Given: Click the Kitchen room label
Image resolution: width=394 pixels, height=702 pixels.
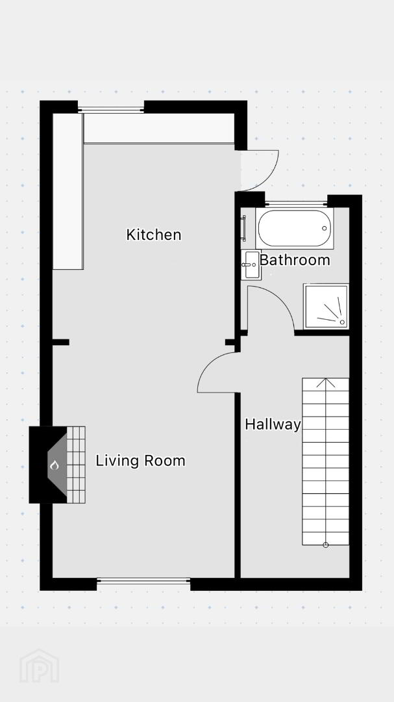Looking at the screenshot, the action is (x=153, y=235).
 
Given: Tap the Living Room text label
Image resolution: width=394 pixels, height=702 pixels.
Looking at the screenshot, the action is (x=140, y=461).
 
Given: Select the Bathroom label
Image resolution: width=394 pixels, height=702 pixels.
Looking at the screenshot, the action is (x=295, y=259).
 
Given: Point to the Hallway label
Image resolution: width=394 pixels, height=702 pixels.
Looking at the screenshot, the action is (x=273, y=424).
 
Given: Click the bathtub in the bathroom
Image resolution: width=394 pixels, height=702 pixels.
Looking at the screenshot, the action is (x=295, y=228).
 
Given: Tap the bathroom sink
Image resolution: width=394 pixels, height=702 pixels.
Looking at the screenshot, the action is (x=251, y=265).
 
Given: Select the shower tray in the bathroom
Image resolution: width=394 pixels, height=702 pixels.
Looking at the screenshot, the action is (x=326, y=305).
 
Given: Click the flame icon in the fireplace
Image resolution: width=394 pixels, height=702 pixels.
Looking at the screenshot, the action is (x=55, y=465).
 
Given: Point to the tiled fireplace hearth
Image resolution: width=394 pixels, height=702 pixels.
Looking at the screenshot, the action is (x=75, y=465).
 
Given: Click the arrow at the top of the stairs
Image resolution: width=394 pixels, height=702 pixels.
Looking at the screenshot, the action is (x=326, y=383).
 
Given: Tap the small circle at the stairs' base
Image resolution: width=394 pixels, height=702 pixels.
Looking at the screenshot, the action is (x=326, y=545).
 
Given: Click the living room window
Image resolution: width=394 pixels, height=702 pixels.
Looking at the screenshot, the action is (x=143, y=581).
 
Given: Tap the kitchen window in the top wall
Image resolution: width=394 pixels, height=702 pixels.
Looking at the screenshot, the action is (x=111, y=109).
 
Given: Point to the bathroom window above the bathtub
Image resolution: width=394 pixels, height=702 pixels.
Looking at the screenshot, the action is (x=296, y=204).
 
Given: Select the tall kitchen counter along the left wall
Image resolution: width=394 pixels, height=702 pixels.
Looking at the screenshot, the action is (x=68, y=191).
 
